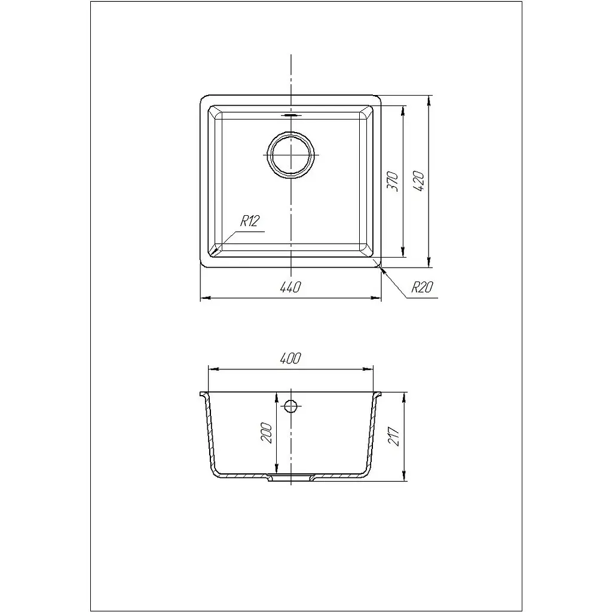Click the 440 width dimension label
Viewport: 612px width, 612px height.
click(x=291, y=287)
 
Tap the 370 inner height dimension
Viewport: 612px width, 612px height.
click(x=393, y=181)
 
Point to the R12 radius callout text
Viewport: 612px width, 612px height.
click(x=250, y=221)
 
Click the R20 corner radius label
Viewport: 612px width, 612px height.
click(x=423, y=287)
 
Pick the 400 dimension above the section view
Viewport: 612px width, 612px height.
click(x=291, y=359)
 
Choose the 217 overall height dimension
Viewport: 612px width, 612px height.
click(x=394, y=437)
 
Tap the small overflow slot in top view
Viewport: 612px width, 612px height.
click(x=291, y=115)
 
